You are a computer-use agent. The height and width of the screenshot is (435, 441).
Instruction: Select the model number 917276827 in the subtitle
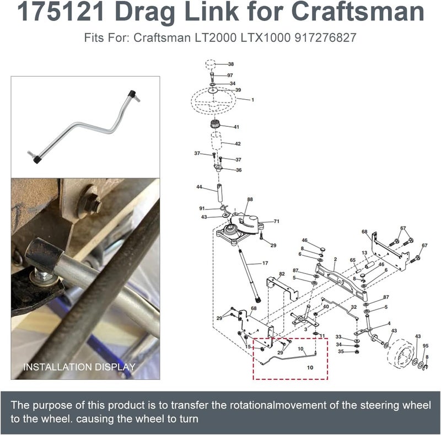(x=325, y=37)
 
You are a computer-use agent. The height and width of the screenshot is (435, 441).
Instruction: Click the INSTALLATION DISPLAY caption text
(x=79, y=367)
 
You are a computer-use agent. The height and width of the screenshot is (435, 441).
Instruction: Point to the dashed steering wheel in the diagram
(x=213, y=100)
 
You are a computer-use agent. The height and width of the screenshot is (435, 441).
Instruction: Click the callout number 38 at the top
(x=230, y=64)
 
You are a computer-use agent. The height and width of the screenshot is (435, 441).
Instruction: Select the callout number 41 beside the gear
(x=236, y=127)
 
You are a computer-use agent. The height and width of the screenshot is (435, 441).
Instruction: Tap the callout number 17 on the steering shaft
(x=265, y=263)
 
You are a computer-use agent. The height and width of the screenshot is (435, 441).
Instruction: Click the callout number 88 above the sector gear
(x=250, y=199)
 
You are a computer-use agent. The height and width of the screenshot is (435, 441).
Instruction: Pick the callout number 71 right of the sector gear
(x=277, y=222)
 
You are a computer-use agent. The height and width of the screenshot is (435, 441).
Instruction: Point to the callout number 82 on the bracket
(x=282, y=274)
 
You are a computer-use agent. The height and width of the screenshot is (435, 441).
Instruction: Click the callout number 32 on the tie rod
(x=353, y=307)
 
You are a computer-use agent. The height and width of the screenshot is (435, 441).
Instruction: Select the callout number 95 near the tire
(x=425, y=346)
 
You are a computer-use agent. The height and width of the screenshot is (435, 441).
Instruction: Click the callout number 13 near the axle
(x=364, y=253)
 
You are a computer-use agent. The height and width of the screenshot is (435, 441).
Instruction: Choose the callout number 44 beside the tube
(x=199, y=187)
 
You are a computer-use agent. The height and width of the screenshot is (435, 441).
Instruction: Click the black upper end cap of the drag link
(x=131, y=93)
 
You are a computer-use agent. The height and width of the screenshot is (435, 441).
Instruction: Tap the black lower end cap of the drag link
(x=37, y=160)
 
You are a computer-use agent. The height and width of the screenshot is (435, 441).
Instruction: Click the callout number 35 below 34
(x=341, y=351)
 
